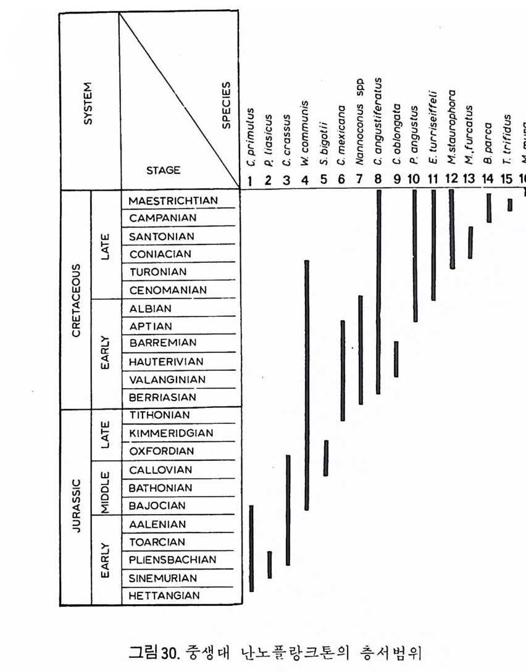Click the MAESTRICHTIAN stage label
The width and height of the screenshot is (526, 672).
click(173, 201)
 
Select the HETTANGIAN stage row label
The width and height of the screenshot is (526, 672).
click(164, 596)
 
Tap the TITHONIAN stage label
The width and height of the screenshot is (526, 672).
click(159, 415)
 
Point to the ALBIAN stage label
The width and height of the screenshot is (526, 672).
click(151, 309)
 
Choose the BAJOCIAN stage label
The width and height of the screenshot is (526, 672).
click(156, 506)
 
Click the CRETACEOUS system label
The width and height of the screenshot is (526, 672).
click(76, 301)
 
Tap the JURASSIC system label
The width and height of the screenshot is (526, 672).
click(76, 506)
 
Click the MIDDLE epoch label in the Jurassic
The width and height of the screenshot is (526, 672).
click(106, 488)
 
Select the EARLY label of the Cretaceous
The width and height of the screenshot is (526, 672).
click(106, 352)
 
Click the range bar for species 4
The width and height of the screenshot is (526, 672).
click(306, 385)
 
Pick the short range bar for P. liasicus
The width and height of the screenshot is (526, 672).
click(269, 565)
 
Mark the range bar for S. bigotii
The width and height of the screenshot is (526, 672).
click(325, 458)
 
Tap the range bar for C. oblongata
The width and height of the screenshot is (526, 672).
click(396, 359)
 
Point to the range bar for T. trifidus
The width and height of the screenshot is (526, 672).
click(510, 204)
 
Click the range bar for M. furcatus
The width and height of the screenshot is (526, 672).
click(470, 242)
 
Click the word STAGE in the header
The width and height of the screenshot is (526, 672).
click(164, 171)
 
